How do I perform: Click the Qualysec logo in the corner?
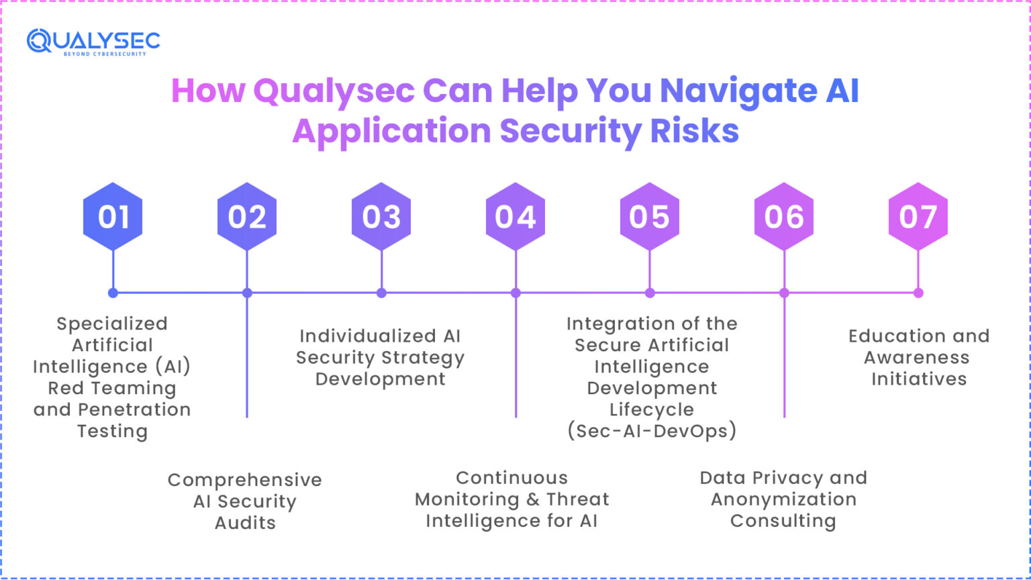tap(93, 42)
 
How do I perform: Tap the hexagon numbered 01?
tap(113, 217)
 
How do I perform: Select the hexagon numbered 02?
tap(247, 217)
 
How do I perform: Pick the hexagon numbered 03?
tap(381, 217)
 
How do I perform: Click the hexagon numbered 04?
tap(515, 217)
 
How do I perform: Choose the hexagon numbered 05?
tap(650, 217)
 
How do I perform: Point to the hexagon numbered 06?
tap(784, 217)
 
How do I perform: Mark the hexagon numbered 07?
tap(918, 217)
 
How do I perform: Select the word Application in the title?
tap(391, 132)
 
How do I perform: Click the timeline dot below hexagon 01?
tap(113, 293)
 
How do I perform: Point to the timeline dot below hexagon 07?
tap(918, 293)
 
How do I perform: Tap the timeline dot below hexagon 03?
tap(381, 293)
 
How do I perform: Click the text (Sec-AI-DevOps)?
tap(652, 431)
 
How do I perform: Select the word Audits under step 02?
tap(245, 523)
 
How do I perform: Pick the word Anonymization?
tap(783, 499)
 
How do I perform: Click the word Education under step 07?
tap(886, 336)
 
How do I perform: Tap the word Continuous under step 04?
tap(511, 478)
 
